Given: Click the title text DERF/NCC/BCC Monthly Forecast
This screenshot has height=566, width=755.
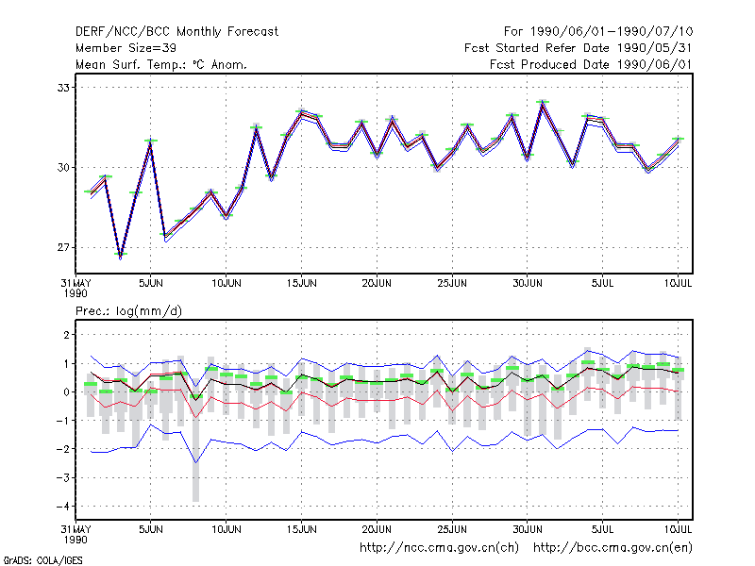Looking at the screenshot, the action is pos(176,32).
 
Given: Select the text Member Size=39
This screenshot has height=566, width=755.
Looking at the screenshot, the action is pos(126,48).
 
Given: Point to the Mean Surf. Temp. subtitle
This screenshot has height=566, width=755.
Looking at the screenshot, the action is pos(160,64).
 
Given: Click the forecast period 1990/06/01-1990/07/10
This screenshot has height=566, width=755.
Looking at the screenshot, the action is pos(598,32).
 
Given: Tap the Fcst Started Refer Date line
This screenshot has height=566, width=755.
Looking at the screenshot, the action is pos(579,48).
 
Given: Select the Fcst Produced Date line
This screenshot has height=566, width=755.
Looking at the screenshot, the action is pos(592,64).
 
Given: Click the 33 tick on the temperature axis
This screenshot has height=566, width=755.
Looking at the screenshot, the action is pos(63,88).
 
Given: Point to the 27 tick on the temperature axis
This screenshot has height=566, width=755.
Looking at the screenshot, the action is pos(63,247).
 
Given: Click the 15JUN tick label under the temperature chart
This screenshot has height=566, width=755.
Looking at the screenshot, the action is pos(301,283).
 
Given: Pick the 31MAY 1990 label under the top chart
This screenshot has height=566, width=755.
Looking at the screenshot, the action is pos(75,288).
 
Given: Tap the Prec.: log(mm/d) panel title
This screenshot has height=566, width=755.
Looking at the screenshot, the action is pos(128,311).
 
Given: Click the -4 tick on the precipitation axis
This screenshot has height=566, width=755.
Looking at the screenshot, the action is pos(63,507).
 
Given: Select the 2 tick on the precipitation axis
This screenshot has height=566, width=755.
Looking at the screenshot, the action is pos(66,335).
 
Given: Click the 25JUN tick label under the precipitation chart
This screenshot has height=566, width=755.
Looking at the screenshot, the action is pos(452,529).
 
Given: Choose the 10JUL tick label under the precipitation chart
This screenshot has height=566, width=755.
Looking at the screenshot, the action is pos(678,529).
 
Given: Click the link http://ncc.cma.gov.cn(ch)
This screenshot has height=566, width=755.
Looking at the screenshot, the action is pos(439,548).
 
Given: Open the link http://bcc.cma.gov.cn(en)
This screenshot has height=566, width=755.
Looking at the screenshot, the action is pos(612,548).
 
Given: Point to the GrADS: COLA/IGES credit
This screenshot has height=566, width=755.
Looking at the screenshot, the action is pos(42,560).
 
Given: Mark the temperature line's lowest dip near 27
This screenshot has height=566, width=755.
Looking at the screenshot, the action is pos(121,258).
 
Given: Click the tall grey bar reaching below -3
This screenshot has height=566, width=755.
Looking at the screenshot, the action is pos(195,447).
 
